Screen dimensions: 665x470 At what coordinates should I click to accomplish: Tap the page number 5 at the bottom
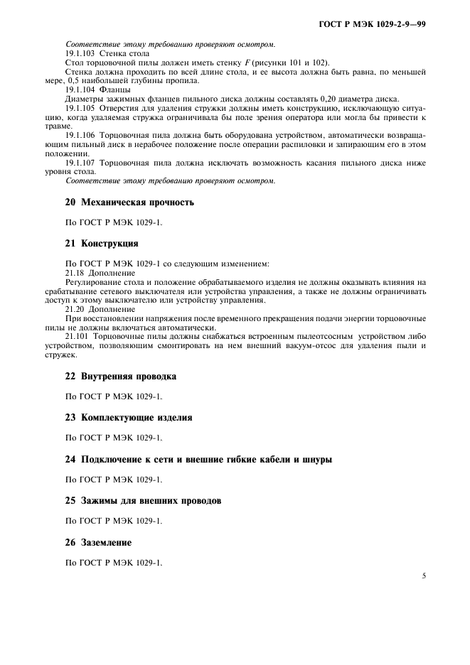[424, 576]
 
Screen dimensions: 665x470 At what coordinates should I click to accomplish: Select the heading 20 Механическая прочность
[129, 202]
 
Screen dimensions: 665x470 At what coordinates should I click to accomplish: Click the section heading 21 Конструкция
[102, 243]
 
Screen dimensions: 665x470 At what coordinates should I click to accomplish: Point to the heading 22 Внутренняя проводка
[121, 376]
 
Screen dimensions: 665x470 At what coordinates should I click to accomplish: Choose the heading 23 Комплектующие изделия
[129, 418]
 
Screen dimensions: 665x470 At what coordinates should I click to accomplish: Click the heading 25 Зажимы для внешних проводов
[143, 501]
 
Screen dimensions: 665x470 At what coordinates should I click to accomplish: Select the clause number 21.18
[76, 273]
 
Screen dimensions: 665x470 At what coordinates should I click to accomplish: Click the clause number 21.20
[76, 309]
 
